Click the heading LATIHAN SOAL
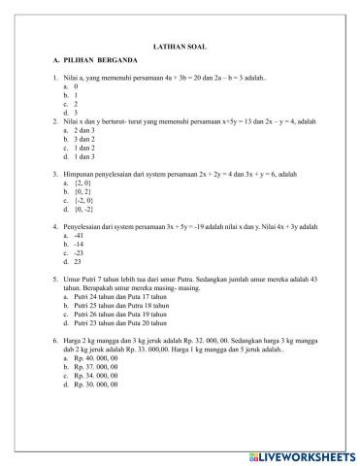coord(180,46)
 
